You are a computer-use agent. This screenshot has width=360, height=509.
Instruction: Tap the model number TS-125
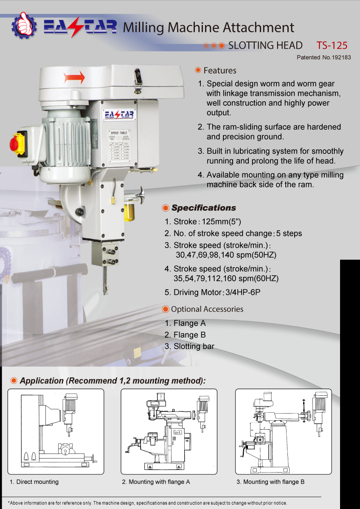332,45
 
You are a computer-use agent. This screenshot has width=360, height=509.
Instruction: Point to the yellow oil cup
129,211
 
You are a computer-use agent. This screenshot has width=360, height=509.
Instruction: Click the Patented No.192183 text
323,57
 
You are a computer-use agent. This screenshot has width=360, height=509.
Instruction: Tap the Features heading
219,70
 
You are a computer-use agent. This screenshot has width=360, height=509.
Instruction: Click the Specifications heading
203,208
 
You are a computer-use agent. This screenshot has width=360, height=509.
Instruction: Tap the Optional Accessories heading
207,309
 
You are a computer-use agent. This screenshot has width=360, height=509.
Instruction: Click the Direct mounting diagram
56,431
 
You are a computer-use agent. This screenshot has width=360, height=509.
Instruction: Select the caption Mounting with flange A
156,482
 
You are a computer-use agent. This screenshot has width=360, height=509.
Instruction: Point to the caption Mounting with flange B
270,482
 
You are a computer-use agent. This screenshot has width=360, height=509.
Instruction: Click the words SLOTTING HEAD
265,45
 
